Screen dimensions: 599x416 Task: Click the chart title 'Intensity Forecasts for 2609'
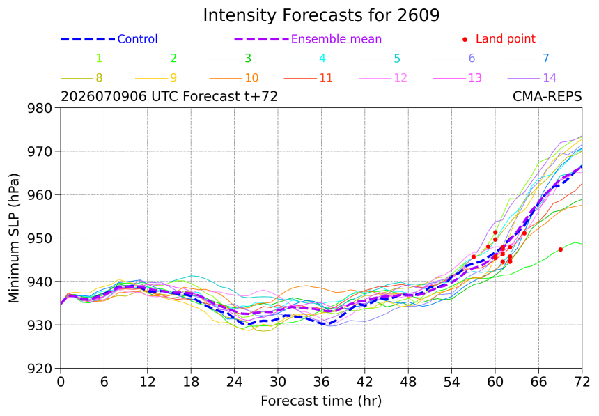(x=321, y=15)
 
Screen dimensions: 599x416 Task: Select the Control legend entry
(x=109, y=39)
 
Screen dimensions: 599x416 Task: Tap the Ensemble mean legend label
(x=336, y=39)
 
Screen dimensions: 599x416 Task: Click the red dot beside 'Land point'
(x=465, y=39)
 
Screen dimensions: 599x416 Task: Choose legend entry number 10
(x=234, y=77)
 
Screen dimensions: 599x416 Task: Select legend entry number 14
(x=532, y=77)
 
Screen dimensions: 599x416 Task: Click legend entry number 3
(x=231, y=58)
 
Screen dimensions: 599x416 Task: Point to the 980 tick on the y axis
(x=39, y=108)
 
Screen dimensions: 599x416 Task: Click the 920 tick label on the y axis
(x=39, y=369)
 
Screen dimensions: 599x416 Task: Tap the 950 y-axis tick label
(x=39, y=238)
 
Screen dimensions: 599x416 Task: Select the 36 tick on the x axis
(x=321, y=382)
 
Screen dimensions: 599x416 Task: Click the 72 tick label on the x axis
(x=582, y=382)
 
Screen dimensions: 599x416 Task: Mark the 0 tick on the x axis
(x=61, y=382)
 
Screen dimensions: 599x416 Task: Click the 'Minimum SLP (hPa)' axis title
(x=14, y=238)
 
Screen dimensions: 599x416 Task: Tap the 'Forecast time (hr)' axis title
(x=321, y=401)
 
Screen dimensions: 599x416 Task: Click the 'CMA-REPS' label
(x=547, y=96)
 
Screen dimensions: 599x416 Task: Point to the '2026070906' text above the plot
(x=104, y=96)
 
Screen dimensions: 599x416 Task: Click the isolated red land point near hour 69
(x=561, y=249)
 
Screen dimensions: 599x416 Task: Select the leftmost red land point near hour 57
(x=474, y=257)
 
